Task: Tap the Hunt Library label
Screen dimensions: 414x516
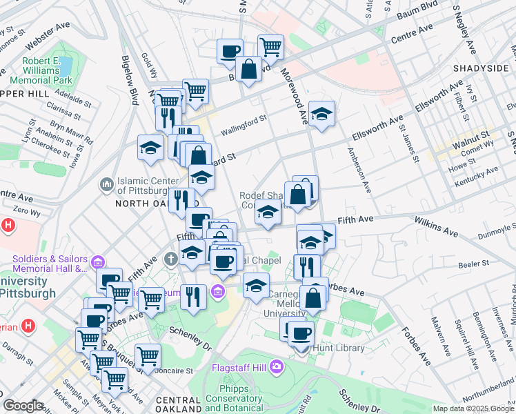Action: pyautogui.click(x=343, y=348)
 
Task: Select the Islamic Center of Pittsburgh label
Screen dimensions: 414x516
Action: pyautogui.click(x=143, y=185)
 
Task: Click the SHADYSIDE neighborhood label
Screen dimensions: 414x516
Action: pyautogui.click(x=480, y=68)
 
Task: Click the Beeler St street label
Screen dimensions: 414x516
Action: pyautogui.click(x=475, y=263)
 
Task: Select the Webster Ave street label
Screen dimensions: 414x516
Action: pyautogui.click(x=48, y=39)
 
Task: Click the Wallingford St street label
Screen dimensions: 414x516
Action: pyautogui.click(x=243, y=125)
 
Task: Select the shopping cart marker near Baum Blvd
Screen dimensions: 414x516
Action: pyautogui.click(x=270, y=46)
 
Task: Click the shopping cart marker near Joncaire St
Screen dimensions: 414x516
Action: pyautogui.click(x=148, y=356)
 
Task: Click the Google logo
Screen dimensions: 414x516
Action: pyautogui.click(x=22, y=406)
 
